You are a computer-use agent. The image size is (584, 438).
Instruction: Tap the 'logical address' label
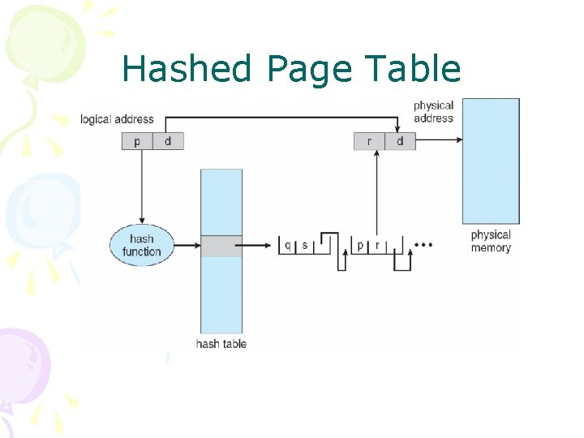click(117, 119)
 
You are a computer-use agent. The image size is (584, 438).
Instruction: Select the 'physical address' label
click(433, 112)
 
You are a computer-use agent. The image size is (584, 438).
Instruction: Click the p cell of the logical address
click(137, 141)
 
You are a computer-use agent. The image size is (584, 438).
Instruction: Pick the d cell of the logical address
click(168, 141)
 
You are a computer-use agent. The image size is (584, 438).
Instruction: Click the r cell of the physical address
click(369, 141)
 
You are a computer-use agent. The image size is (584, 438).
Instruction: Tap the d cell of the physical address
click(400, 141)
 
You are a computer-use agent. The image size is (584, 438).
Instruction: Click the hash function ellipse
click(141, 245)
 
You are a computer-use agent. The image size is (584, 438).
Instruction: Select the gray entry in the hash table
click(221, 245)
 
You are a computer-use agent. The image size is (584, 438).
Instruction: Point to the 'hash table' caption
click(221, 344)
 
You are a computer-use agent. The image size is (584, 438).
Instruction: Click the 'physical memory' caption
click(491, 241)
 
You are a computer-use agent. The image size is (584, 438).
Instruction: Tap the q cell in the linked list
click(288, 244)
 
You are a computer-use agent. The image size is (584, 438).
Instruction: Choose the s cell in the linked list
click(305, 244)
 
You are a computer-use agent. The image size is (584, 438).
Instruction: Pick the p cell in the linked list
click(360, 244)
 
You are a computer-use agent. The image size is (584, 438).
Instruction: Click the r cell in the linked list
click(377, 244)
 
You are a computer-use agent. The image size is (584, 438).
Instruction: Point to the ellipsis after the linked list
click(423, 244)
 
